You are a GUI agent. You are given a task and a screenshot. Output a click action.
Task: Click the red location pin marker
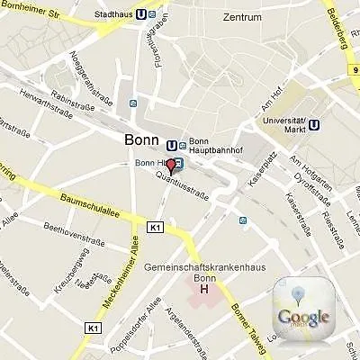172,166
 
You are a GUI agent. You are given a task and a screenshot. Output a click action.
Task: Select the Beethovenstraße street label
69,234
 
